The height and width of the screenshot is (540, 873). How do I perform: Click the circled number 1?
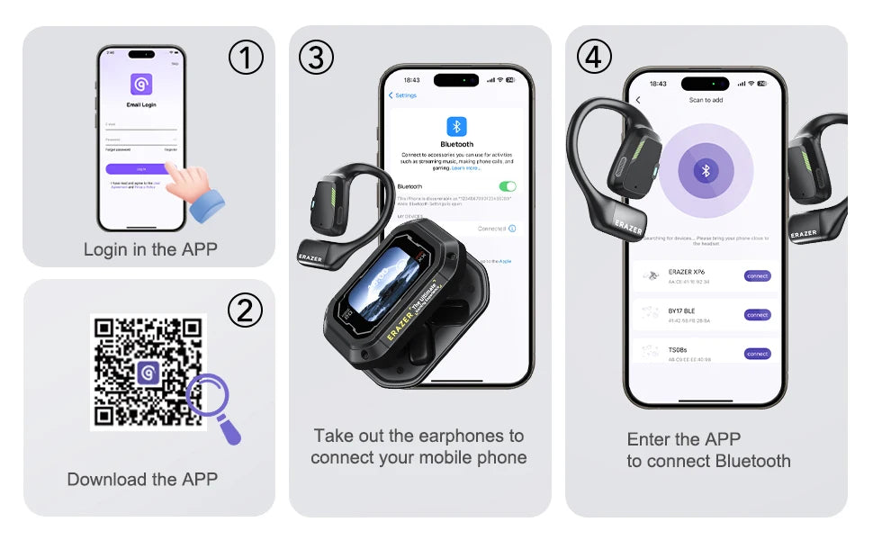click(x=246, y=58)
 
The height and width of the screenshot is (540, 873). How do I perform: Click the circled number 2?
click(x=245, y=310)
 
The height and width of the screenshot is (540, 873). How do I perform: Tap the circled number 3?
click(x=316, y=58)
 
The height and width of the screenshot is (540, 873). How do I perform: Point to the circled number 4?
click(x=593, y=57)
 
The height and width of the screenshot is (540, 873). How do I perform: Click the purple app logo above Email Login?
click(x=141, y=85)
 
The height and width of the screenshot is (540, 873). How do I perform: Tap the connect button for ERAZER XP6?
click(x=757, y=276)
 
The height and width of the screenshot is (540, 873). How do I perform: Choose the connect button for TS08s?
click(x=757, y=354)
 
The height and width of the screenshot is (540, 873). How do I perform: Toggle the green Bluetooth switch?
click(x=508, y=186)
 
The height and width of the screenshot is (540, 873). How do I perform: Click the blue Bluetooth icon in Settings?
click(x=456, y=126)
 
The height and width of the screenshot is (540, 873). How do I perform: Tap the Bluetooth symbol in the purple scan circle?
click(x=706, y=170)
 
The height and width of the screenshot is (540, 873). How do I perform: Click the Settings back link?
click(x=403, y=95)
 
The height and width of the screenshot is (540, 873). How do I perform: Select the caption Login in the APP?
click(x=150, y=249)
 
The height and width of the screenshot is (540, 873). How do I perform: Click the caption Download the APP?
click(x=142, y=480)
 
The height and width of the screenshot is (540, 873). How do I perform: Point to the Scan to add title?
click(x=706, y=100)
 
